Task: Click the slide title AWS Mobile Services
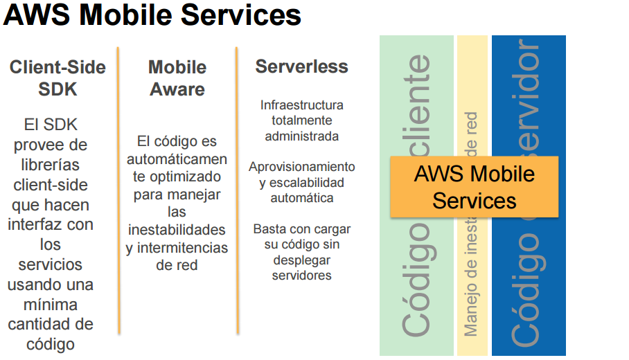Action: (x=152, y=15)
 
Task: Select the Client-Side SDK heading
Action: (x=57, y=78)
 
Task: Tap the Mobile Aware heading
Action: (x=177, y=78)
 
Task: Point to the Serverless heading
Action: (x=301, y=66)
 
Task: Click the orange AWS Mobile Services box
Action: (x=474, y=186)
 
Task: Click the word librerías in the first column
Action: (x=51, y=165)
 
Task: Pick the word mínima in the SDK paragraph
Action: (x=51, y=305)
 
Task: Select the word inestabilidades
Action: (x=177, y=229)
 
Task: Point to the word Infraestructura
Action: (x=301, y=105)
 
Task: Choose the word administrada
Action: (x=301, y=136)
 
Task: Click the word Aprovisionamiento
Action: (x=301, y=167)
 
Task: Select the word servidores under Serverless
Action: (x=301, y=276)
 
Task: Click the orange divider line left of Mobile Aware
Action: (x=118, y=194)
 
